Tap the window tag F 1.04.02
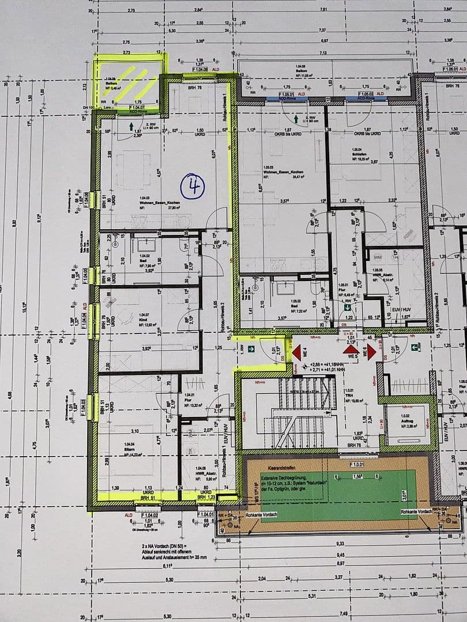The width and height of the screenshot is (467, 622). point(149,515)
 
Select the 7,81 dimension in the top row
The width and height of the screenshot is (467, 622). point(323,10)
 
